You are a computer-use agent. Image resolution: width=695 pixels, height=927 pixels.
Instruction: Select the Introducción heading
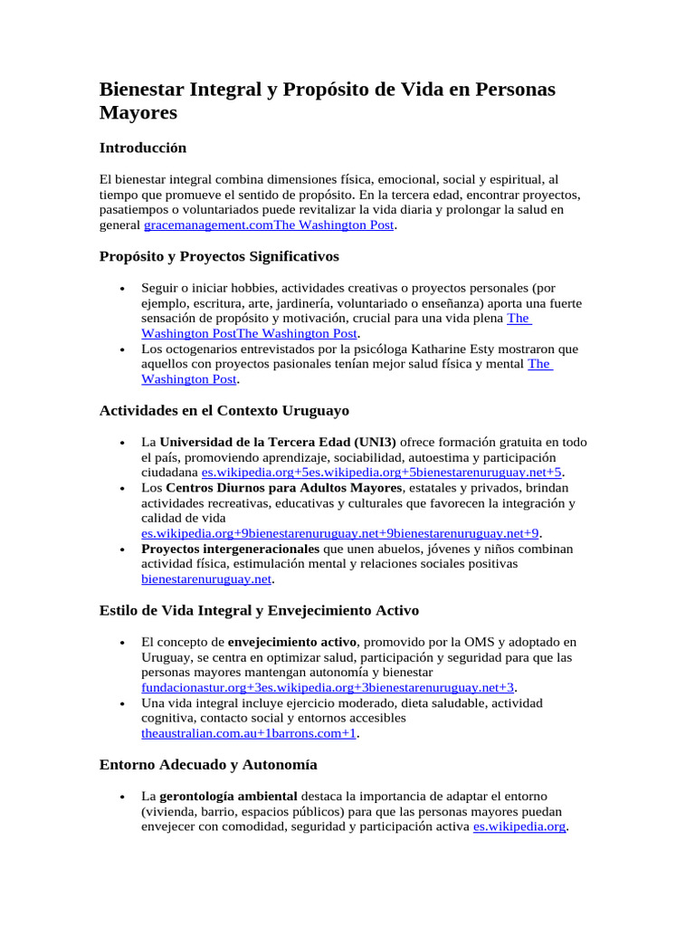click(x=142, y=148)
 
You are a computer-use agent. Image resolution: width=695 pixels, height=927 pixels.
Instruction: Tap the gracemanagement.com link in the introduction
click(x=202, y=225)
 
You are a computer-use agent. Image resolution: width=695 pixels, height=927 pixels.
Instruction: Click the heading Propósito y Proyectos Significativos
click(x=218, y=257)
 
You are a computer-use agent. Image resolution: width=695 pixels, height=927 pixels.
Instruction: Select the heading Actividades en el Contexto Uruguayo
click(x=224, y=411)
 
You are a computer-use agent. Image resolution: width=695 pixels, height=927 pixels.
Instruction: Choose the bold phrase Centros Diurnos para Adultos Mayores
click(x=283, y=488)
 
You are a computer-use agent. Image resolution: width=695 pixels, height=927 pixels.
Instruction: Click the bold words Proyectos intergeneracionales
click(x=230, y=549)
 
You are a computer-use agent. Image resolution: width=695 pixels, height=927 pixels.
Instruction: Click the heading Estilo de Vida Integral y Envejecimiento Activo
click(x=259, y=610)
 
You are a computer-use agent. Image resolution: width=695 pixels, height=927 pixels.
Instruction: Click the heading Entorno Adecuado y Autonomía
click(x=207, y=765)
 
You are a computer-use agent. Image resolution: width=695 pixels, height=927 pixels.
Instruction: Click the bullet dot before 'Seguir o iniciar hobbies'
click(x=121, y=289)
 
